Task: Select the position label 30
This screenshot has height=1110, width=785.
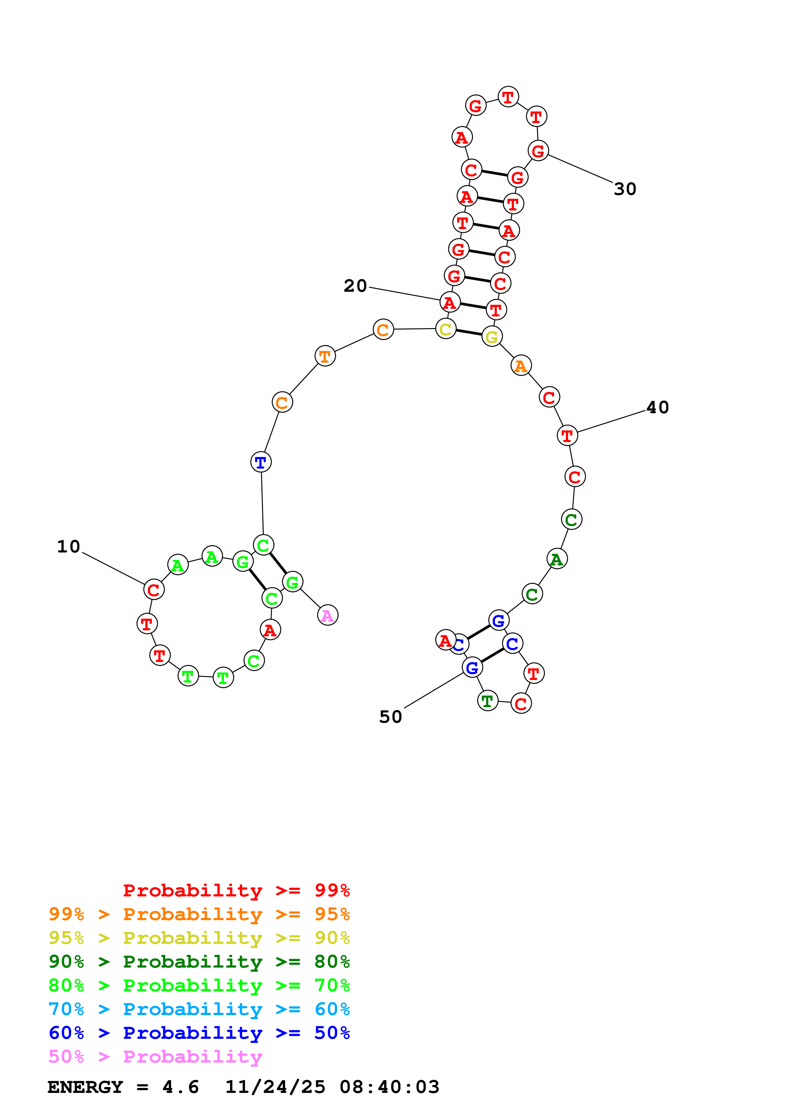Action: click(x=625, y=189)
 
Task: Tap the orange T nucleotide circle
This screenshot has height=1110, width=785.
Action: click(x=325, y=356)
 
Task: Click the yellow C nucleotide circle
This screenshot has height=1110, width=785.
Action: click(x=446, y=329)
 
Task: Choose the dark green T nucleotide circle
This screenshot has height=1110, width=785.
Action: click(x=488, y=701)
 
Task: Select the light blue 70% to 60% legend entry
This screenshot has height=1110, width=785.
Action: click(x=199, y=1009)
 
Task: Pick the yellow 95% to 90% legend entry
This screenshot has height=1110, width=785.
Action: click(x=199, y=938)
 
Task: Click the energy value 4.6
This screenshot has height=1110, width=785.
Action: click(x=180, y=1087)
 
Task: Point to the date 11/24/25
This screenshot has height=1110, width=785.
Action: click(x=275, y=1087)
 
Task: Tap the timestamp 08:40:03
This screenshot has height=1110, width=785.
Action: click(x=389, y=1087)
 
